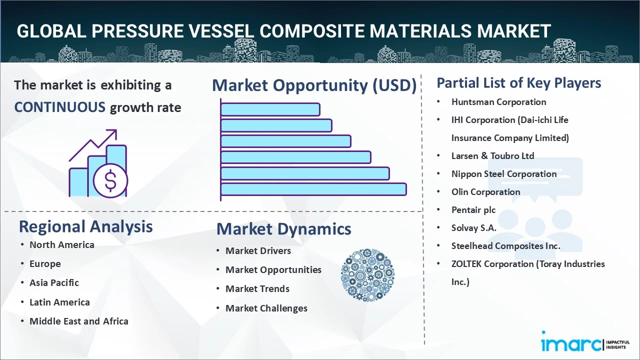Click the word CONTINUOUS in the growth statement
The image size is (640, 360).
60,107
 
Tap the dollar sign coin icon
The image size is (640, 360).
110,181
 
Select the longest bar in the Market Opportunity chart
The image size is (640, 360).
313,189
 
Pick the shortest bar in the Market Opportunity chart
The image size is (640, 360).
270,109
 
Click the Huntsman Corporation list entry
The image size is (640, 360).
498,102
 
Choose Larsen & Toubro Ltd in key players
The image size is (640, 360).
492,155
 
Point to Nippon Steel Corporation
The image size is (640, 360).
504,173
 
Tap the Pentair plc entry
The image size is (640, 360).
473,209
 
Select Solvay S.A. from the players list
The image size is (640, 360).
473,227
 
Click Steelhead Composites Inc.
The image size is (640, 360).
505,245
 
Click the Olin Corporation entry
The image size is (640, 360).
485,191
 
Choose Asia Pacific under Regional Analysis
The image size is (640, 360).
54,282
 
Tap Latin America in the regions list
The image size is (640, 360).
59,302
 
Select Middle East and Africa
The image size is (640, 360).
79,321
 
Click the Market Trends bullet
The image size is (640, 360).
257,288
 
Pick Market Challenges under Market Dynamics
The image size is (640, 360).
266,308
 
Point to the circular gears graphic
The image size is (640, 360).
367,275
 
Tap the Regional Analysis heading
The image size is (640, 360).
85,226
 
